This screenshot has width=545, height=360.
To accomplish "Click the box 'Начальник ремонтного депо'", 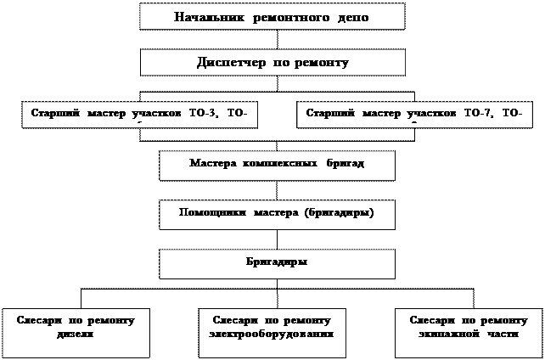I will click(272, 16).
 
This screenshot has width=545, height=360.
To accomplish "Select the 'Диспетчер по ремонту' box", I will click(272, 62).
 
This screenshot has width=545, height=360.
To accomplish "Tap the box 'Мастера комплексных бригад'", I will click(277, 165).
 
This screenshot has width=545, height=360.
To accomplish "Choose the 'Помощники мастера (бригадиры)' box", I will click(277, 214).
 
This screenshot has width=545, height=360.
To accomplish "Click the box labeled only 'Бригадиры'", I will click(277, 263).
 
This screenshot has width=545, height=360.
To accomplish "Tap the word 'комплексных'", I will click(278, 162).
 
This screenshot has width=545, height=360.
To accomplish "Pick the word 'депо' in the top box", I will click(351, 17).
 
